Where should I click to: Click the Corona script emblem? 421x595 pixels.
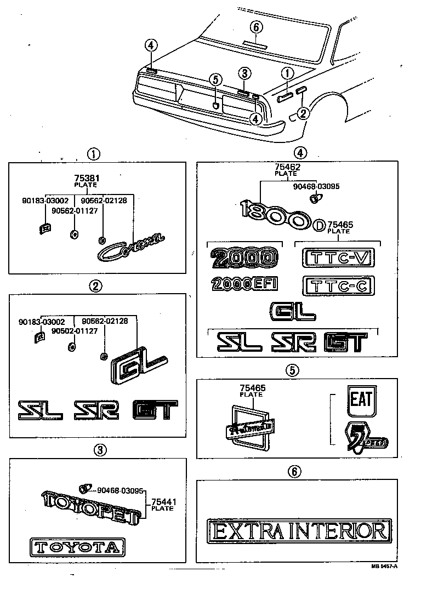130,247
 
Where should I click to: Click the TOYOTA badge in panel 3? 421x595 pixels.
77,546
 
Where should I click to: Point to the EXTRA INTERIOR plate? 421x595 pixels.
299,531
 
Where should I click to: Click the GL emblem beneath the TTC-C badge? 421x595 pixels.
293,312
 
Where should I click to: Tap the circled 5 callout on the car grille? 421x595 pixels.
216,80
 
